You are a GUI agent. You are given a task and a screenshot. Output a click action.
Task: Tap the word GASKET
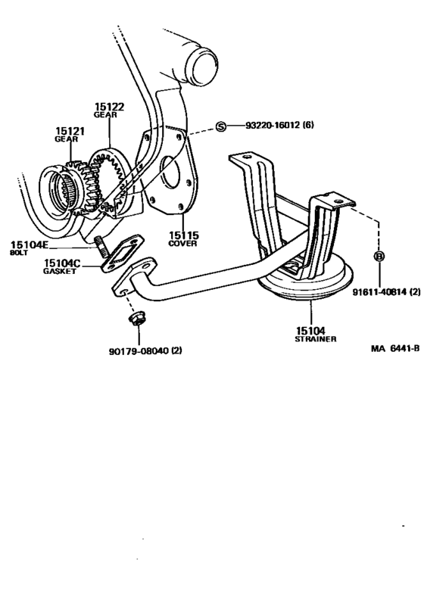coord(59,270)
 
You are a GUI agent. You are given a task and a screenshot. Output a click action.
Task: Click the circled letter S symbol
coord(221,126)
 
